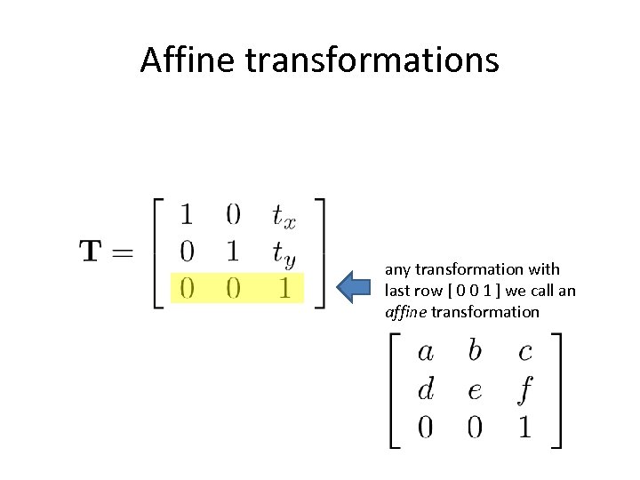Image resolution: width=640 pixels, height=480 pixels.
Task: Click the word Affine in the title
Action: pyautogui.click(x=187, y=60)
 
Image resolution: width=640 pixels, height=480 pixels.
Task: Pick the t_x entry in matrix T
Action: pyautogui.click(x=284, y=215)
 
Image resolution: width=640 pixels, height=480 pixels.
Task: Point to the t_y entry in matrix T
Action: pyautogui.click(x=284, y=253)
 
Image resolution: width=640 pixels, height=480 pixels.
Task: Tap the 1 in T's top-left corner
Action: pyautogui.click(x=187, y=213)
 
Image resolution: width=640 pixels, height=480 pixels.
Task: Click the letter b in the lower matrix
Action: pyautogui.click(x=475, y=350)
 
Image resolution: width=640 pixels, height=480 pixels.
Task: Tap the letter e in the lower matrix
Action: pyautogui.click(x=475, y=390)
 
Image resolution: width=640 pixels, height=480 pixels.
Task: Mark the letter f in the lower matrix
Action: pyautogui.click(x=524, y=389)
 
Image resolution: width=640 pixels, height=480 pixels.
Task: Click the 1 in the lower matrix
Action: pyautogui.click(x=524, y=428)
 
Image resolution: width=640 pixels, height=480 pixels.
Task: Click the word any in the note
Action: pyautogui.click(x=396, y=269)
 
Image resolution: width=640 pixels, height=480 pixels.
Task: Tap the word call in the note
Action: pyautogui.click(x=541, y=291)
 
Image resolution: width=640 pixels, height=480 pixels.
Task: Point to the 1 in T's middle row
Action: pyautogui.click(x=233, y=252)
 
